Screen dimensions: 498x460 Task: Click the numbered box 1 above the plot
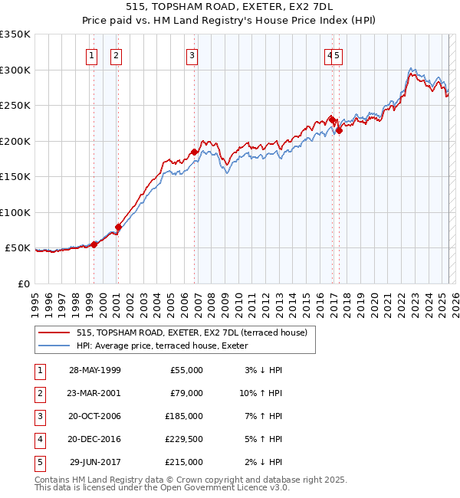pos(92,55)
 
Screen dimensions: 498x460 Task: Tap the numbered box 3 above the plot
pos(192,55)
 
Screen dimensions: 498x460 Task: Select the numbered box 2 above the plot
pos(116,55)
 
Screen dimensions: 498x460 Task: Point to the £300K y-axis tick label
pos(15,70)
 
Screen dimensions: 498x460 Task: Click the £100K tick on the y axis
pos(15,212)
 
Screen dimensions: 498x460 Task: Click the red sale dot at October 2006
pos(195,152)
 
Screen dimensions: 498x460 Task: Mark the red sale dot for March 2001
pos(119,227)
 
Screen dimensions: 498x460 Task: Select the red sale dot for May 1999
pos(94,244)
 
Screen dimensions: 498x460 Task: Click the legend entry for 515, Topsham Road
pos(192,333)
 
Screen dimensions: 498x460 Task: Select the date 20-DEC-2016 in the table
pos(95,439)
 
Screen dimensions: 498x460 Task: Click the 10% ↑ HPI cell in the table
pos(261,393)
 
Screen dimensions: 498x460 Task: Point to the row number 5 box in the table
pos(39,462)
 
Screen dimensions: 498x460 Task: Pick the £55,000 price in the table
pos(186,370)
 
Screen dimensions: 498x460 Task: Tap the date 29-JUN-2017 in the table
pos(95,462)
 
